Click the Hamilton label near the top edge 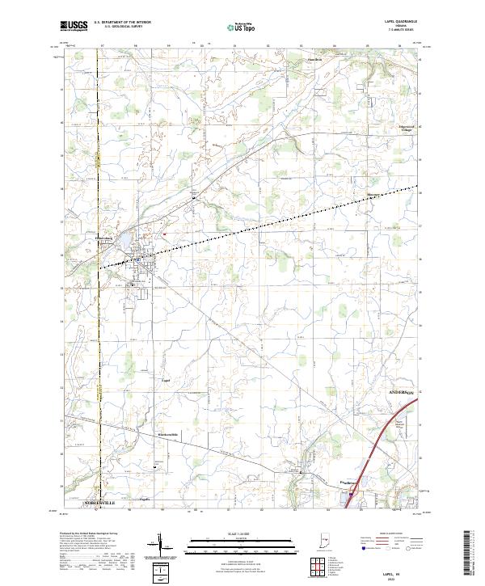click(314, 60)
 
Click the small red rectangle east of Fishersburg click(164, 234)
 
